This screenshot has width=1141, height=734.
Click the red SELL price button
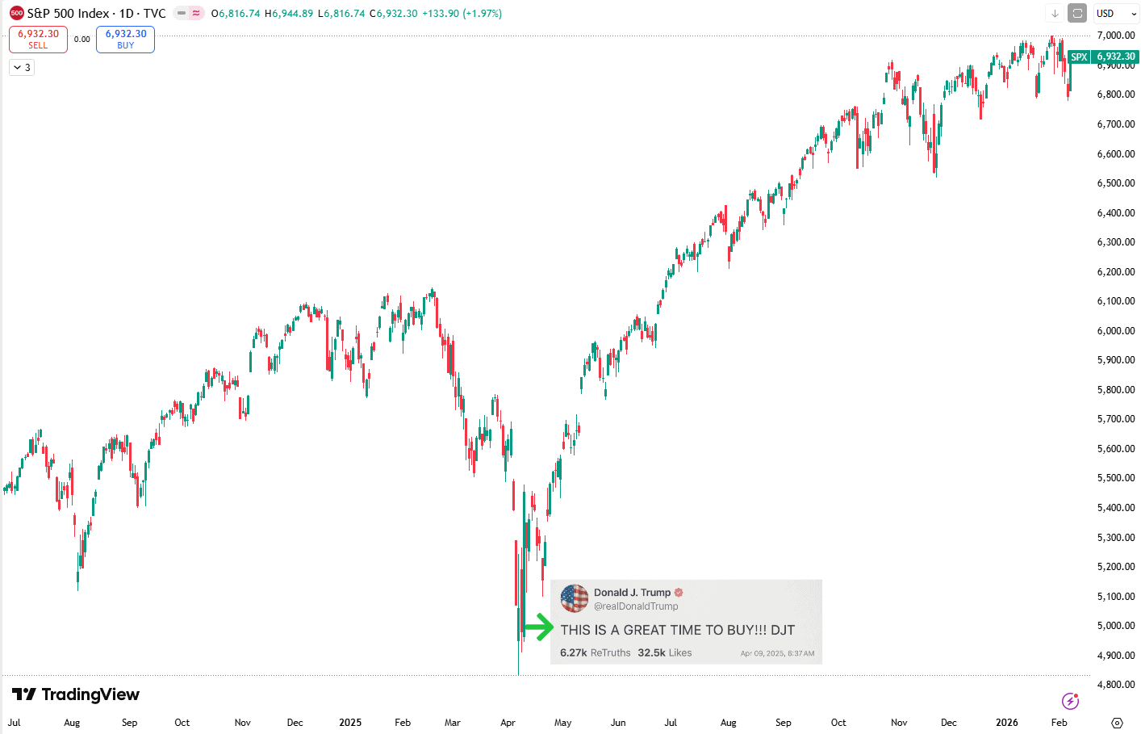coord(38,39)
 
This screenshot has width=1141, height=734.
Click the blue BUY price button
coord(125,39)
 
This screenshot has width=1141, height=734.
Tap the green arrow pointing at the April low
coord(538,627)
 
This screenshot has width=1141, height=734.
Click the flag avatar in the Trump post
coord(575,598)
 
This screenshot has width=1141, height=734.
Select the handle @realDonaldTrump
coord(636,606)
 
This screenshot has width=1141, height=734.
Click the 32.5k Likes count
coord(664,652)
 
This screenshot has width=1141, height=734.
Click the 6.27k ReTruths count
coord(595,652)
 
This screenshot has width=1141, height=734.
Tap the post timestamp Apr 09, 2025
coord(777,653)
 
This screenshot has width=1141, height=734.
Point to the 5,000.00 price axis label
coord(1115,626)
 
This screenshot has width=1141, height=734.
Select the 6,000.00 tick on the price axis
coord(1115,330)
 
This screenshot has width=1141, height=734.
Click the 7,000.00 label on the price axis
coord(1115,36)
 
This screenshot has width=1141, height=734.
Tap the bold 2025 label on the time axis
coord(350,723)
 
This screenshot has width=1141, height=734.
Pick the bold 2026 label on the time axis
coord(1006,723)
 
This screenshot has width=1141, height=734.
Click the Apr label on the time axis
coord(508,723)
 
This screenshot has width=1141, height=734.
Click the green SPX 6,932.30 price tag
coord(1102,57)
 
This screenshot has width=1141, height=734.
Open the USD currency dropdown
coord(1116,14)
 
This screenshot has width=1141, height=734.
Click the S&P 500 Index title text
coord(68,14)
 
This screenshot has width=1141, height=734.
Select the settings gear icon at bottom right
coord(1117,723)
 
